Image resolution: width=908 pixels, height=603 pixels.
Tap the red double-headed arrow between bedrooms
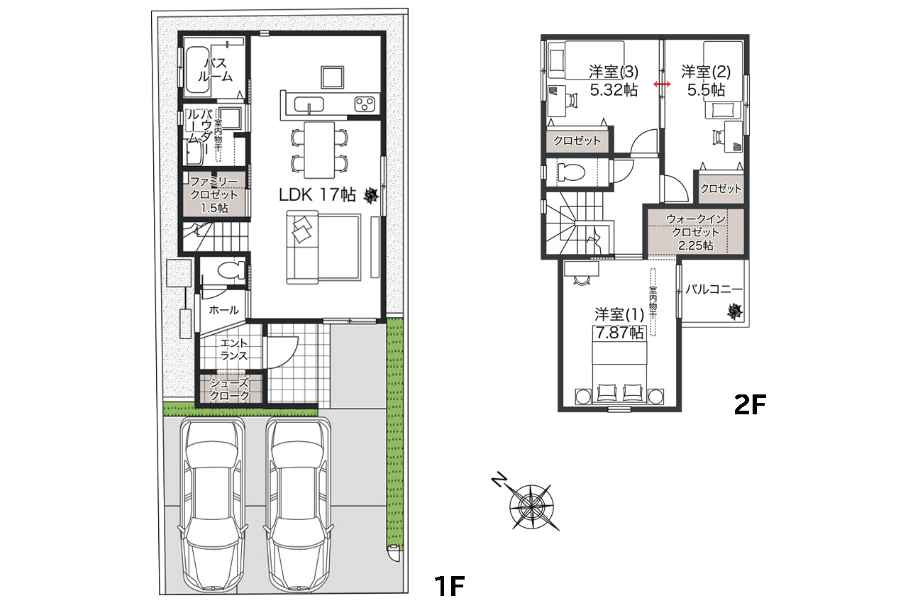pyautogui.click(x=663, y=84)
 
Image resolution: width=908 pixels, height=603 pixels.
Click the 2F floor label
pyautogui.click(x=751, y=404)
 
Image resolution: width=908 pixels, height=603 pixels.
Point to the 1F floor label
pyautogui.click(x=448, y=585)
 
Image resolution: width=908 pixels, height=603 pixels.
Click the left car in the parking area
pyautogui.click(x=213, y=504)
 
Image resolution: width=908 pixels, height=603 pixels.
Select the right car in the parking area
pyautogui.click(x=298, y=504)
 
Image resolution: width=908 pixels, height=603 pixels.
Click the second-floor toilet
pyautogui.click(x=571, y=171)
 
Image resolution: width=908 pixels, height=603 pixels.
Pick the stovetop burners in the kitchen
pyautogui.click(x=365, y=104)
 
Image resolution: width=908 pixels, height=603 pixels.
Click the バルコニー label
pyautogui.click(x=714, y=289)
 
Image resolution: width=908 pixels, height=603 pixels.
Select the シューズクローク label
pyautogui.click(x=229, y=389)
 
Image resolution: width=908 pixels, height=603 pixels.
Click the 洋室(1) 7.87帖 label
pyautogui.click(x=619, y=323)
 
